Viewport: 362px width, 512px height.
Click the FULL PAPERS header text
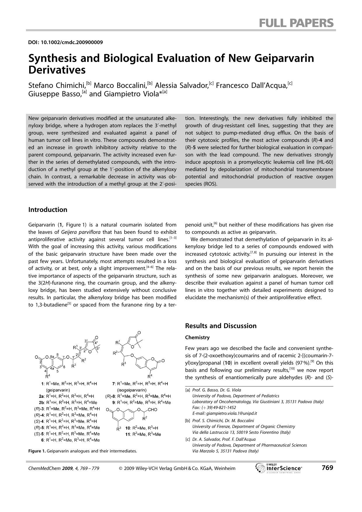(296, 23)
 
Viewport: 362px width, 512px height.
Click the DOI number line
(65, 42)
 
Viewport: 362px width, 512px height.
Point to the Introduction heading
(48, 210)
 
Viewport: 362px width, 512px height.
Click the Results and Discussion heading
(221, 326)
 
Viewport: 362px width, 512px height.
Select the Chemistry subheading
(197, 337)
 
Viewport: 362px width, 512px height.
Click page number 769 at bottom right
(327, 468)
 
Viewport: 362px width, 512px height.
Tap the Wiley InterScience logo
(279, 468)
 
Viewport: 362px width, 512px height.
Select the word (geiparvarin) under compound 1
(58, 390)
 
